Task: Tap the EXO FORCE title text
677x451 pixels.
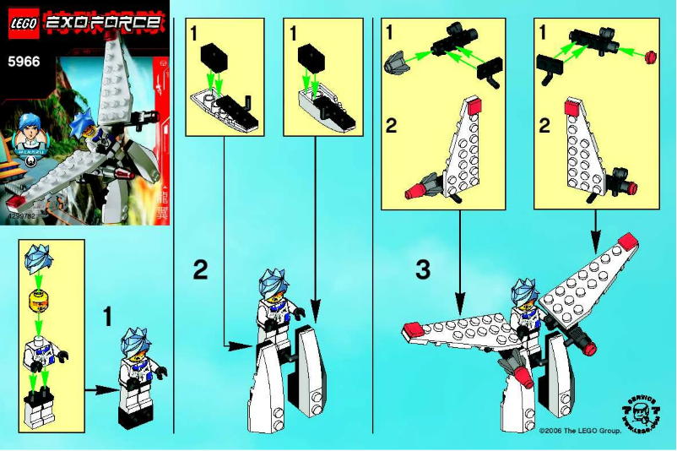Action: (100, 23)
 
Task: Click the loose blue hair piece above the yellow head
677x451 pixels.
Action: (39, 260)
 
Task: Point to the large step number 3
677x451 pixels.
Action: (424, 270)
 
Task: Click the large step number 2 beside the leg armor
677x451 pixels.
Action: (199, 270)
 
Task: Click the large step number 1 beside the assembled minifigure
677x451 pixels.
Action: (107, 317)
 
